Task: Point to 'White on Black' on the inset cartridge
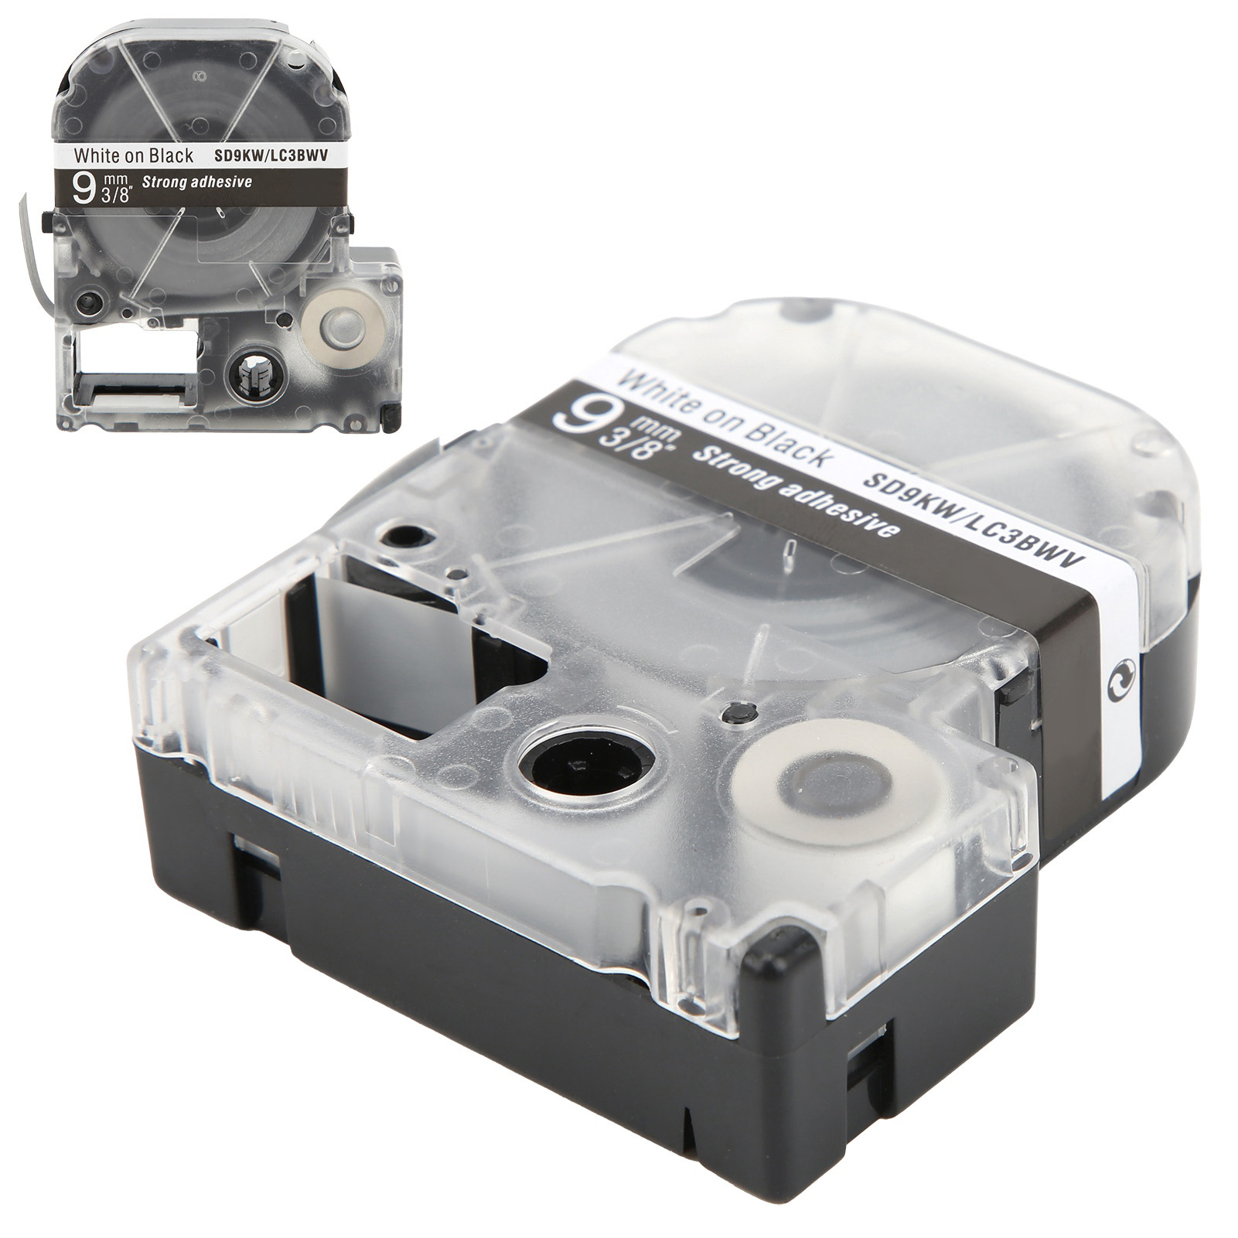(133, 155)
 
